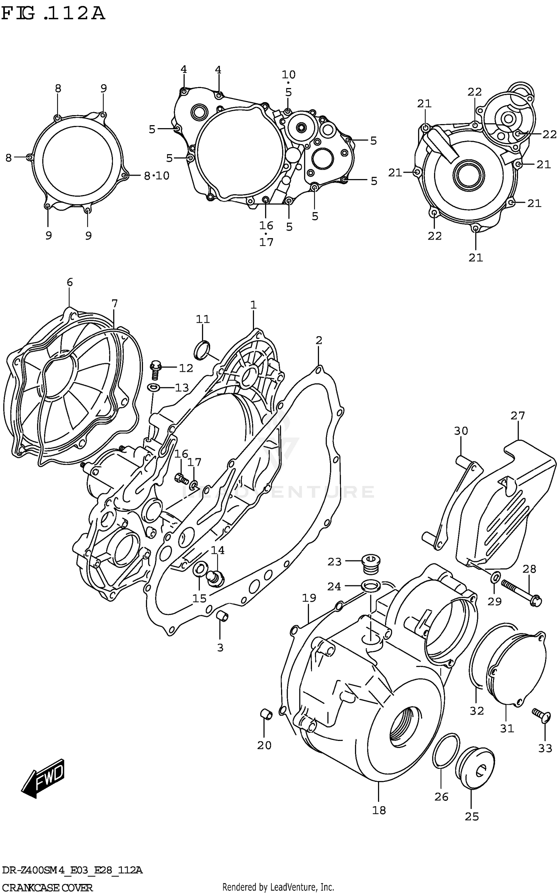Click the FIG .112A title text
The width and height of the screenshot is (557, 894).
[53, 14]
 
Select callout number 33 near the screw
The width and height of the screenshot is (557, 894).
[545, 748]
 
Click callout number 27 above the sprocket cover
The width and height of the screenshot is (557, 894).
[517, 416]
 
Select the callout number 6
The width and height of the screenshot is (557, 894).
[70, 282]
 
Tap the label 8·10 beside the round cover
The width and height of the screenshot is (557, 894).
[156, 176]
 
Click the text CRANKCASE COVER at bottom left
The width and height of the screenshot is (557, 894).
[47, 888]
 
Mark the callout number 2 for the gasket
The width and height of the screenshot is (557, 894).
[319, 340]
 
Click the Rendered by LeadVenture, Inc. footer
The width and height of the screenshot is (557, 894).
[278, 887]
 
